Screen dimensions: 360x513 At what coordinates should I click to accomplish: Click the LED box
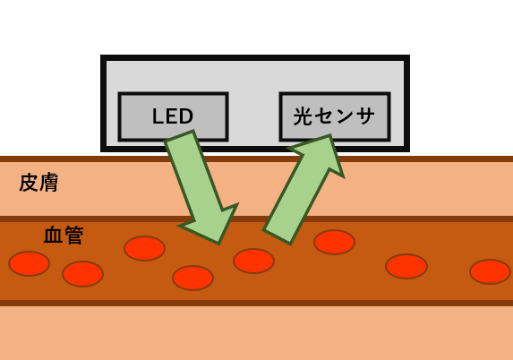(x=173, y=116)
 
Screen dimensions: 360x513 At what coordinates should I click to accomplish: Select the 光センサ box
(x=334, y=116)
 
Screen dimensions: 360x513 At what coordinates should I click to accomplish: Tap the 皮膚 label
(x=38, y=183)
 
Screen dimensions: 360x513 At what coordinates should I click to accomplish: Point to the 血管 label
(x=64, y=236)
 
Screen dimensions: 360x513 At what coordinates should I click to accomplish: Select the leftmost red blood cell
(x=29, y=263)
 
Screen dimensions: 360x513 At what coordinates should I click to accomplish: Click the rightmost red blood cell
(x=490, y=271)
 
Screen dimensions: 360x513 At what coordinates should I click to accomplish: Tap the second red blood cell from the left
(x=82, y=273)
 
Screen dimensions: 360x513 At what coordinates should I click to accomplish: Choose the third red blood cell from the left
(x=144, y=248)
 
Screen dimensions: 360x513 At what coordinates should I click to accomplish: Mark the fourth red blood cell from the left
(x=192, y=278)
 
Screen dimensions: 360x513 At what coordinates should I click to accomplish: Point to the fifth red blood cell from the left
(x=253, y=261)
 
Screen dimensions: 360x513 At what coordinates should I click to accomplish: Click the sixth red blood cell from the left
(x=334, y=242)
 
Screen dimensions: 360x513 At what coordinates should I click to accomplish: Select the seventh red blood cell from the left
(x=406, y=266)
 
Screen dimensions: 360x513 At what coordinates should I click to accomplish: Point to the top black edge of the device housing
(x=255, y=58)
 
